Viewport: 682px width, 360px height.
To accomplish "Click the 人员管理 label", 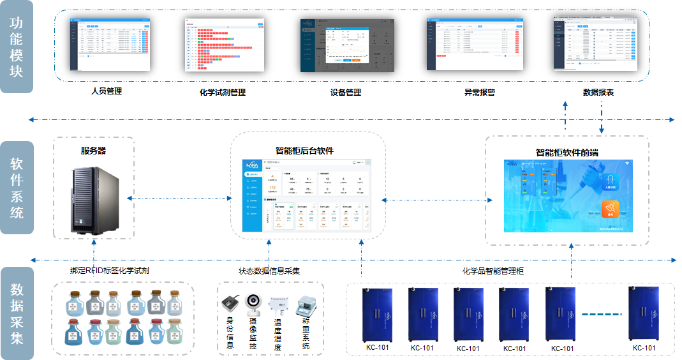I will [106, 91].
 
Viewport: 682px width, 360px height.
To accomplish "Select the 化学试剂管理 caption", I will [223, 93].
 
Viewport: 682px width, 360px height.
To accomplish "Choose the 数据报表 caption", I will [598, 92].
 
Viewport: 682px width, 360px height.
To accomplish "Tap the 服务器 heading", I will [93, 151].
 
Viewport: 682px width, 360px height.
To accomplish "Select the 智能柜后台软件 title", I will [304, 151].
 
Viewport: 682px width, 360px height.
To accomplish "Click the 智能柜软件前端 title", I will [567, 153].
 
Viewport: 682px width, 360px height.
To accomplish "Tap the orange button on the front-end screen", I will [611, 209].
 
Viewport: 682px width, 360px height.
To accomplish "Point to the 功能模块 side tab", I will [16, 47].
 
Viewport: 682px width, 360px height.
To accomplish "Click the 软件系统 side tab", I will [16, 188].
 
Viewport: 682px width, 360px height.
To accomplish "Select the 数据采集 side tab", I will [16, 313].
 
